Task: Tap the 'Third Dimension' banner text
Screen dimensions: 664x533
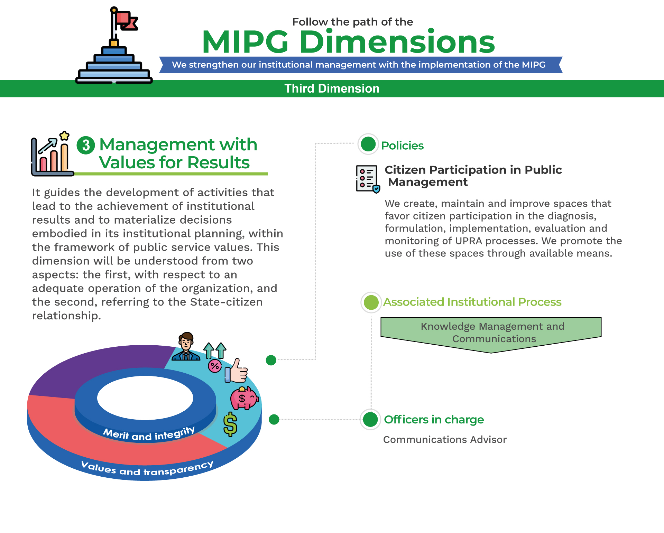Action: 332,88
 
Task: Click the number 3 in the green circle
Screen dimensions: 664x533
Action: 86,145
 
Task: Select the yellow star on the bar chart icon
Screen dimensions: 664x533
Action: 64,136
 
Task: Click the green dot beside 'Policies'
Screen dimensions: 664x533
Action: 368,144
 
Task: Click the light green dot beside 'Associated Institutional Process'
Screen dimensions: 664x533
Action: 371,302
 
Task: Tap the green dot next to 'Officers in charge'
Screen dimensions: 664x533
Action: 370,420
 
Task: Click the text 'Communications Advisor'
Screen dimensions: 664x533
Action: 445,440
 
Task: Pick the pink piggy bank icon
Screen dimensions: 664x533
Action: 244,398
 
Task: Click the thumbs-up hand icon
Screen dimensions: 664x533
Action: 236,371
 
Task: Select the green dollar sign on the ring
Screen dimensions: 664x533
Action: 230,424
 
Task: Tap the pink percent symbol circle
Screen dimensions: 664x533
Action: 215,366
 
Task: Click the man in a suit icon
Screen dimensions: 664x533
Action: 186,346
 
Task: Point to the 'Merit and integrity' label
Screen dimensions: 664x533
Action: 149,433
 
